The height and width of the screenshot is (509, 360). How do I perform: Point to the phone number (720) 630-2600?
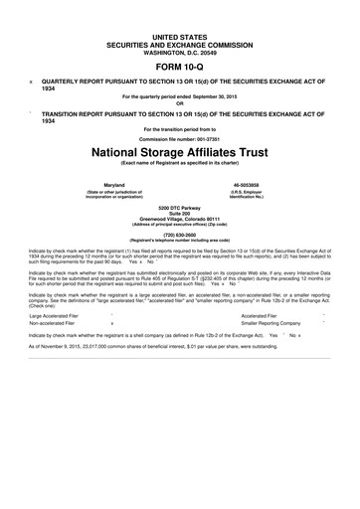coord(180,235)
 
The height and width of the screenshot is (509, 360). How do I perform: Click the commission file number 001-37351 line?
coord(180,138)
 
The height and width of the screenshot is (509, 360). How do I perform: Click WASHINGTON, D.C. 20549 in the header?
coord(180,48)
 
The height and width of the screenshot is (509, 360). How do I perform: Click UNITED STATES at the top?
coord(180,33)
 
